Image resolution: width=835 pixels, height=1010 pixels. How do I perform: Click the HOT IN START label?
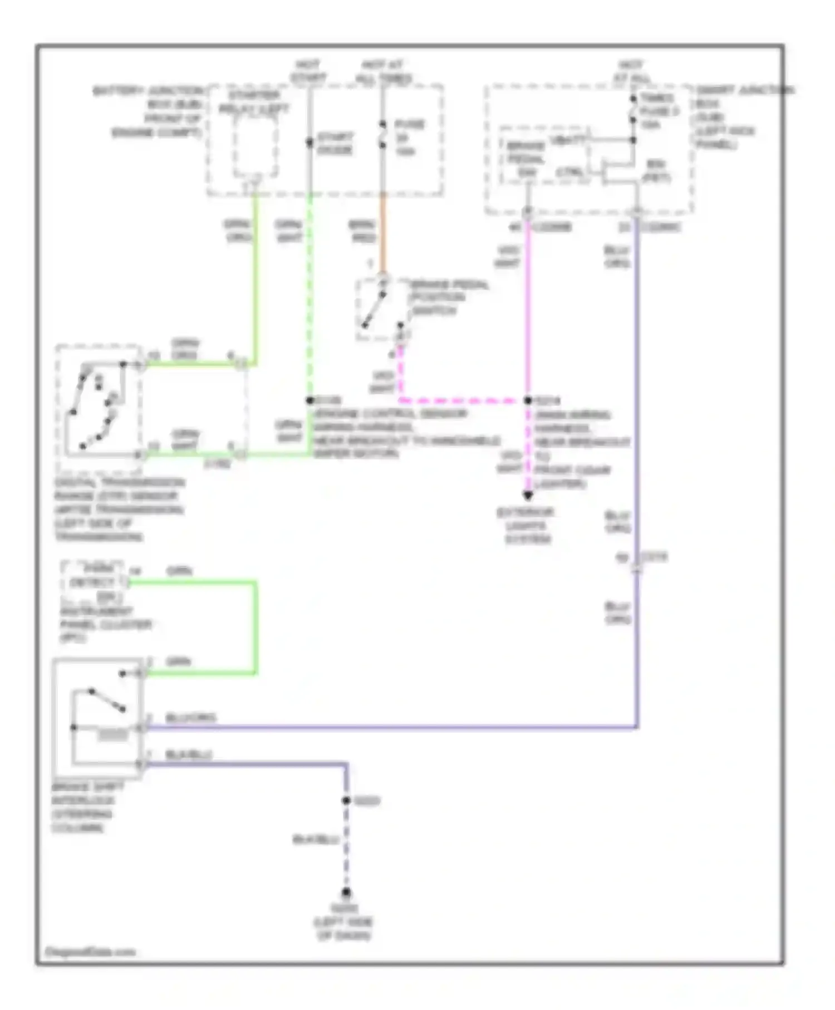point(308,72)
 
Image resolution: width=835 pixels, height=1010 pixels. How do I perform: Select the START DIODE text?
point(335,143)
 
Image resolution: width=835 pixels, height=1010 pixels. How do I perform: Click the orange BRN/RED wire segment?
point(383,234)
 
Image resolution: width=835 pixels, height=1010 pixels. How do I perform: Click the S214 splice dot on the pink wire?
point(528,400)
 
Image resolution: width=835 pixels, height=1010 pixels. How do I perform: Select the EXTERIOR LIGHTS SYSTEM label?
point(526,526)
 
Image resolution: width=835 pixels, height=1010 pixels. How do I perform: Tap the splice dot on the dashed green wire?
point(310,400)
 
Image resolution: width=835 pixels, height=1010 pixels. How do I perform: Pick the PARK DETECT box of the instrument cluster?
point(93,582)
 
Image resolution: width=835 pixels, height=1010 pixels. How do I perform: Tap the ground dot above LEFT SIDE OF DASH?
point(346,892)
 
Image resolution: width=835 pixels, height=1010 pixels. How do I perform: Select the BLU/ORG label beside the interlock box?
point(190,718)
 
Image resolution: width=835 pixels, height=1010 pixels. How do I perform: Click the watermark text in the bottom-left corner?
point(89,952)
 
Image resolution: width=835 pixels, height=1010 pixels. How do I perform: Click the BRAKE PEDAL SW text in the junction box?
point(525,159)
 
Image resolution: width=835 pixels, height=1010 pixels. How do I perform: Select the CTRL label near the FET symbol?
point(570,172)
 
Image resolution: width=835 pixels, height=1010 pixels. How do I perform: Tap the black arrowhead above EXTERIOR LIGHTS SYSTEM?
point(528,495)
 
